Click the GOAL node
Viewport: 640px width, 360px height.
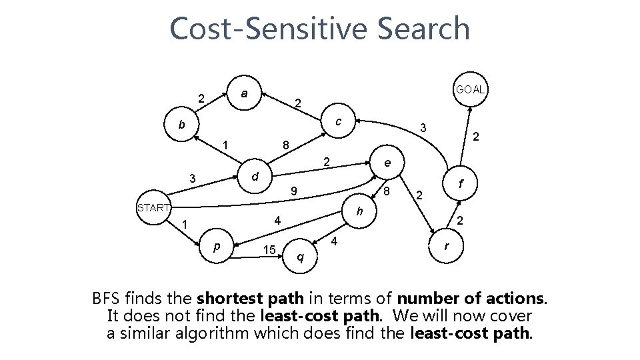(470, 89)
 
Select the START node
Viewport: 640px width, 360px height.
(153, 207)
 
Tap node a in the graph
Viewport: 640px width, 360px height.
(245, 94)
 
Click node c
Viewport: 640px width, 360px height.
(339, 122)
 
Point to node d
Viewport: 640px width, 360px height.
(254, 177)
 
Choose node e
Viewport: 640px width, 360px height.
(387, 163)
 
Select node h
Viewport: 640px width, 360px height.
(359, 213)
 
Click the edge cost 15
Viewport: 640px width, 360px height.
(269, 249)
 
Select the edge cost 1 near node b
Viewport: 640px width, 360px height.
(226, 145)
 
